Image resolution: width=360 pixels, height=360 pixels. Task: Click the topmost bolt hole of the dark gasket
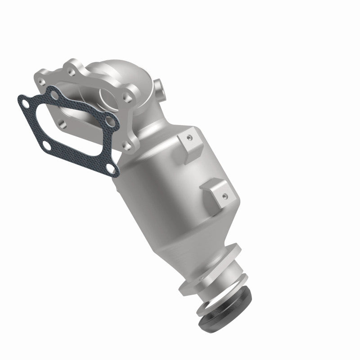[54, 94]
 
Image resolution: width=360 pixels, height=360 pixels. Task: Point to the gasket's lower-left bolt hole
[47, 145]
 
